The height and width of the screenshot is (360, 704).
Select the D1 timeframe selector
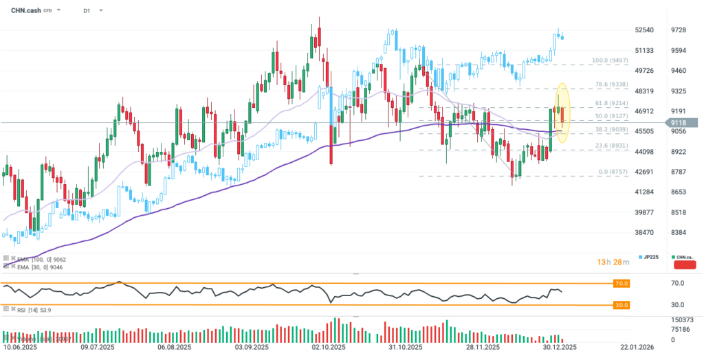[x=87, y=11]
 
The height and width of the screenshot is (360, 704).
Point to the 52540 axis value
[x=644, y=30]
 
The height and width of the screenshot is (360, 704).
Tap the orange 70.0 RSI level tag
[x=621, y=283]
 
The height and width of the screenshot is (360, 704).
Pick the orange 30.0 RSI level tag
[x=621, y=304]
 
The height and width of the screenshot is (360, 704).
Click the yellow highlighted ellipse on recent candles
[x=562, y=113]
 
